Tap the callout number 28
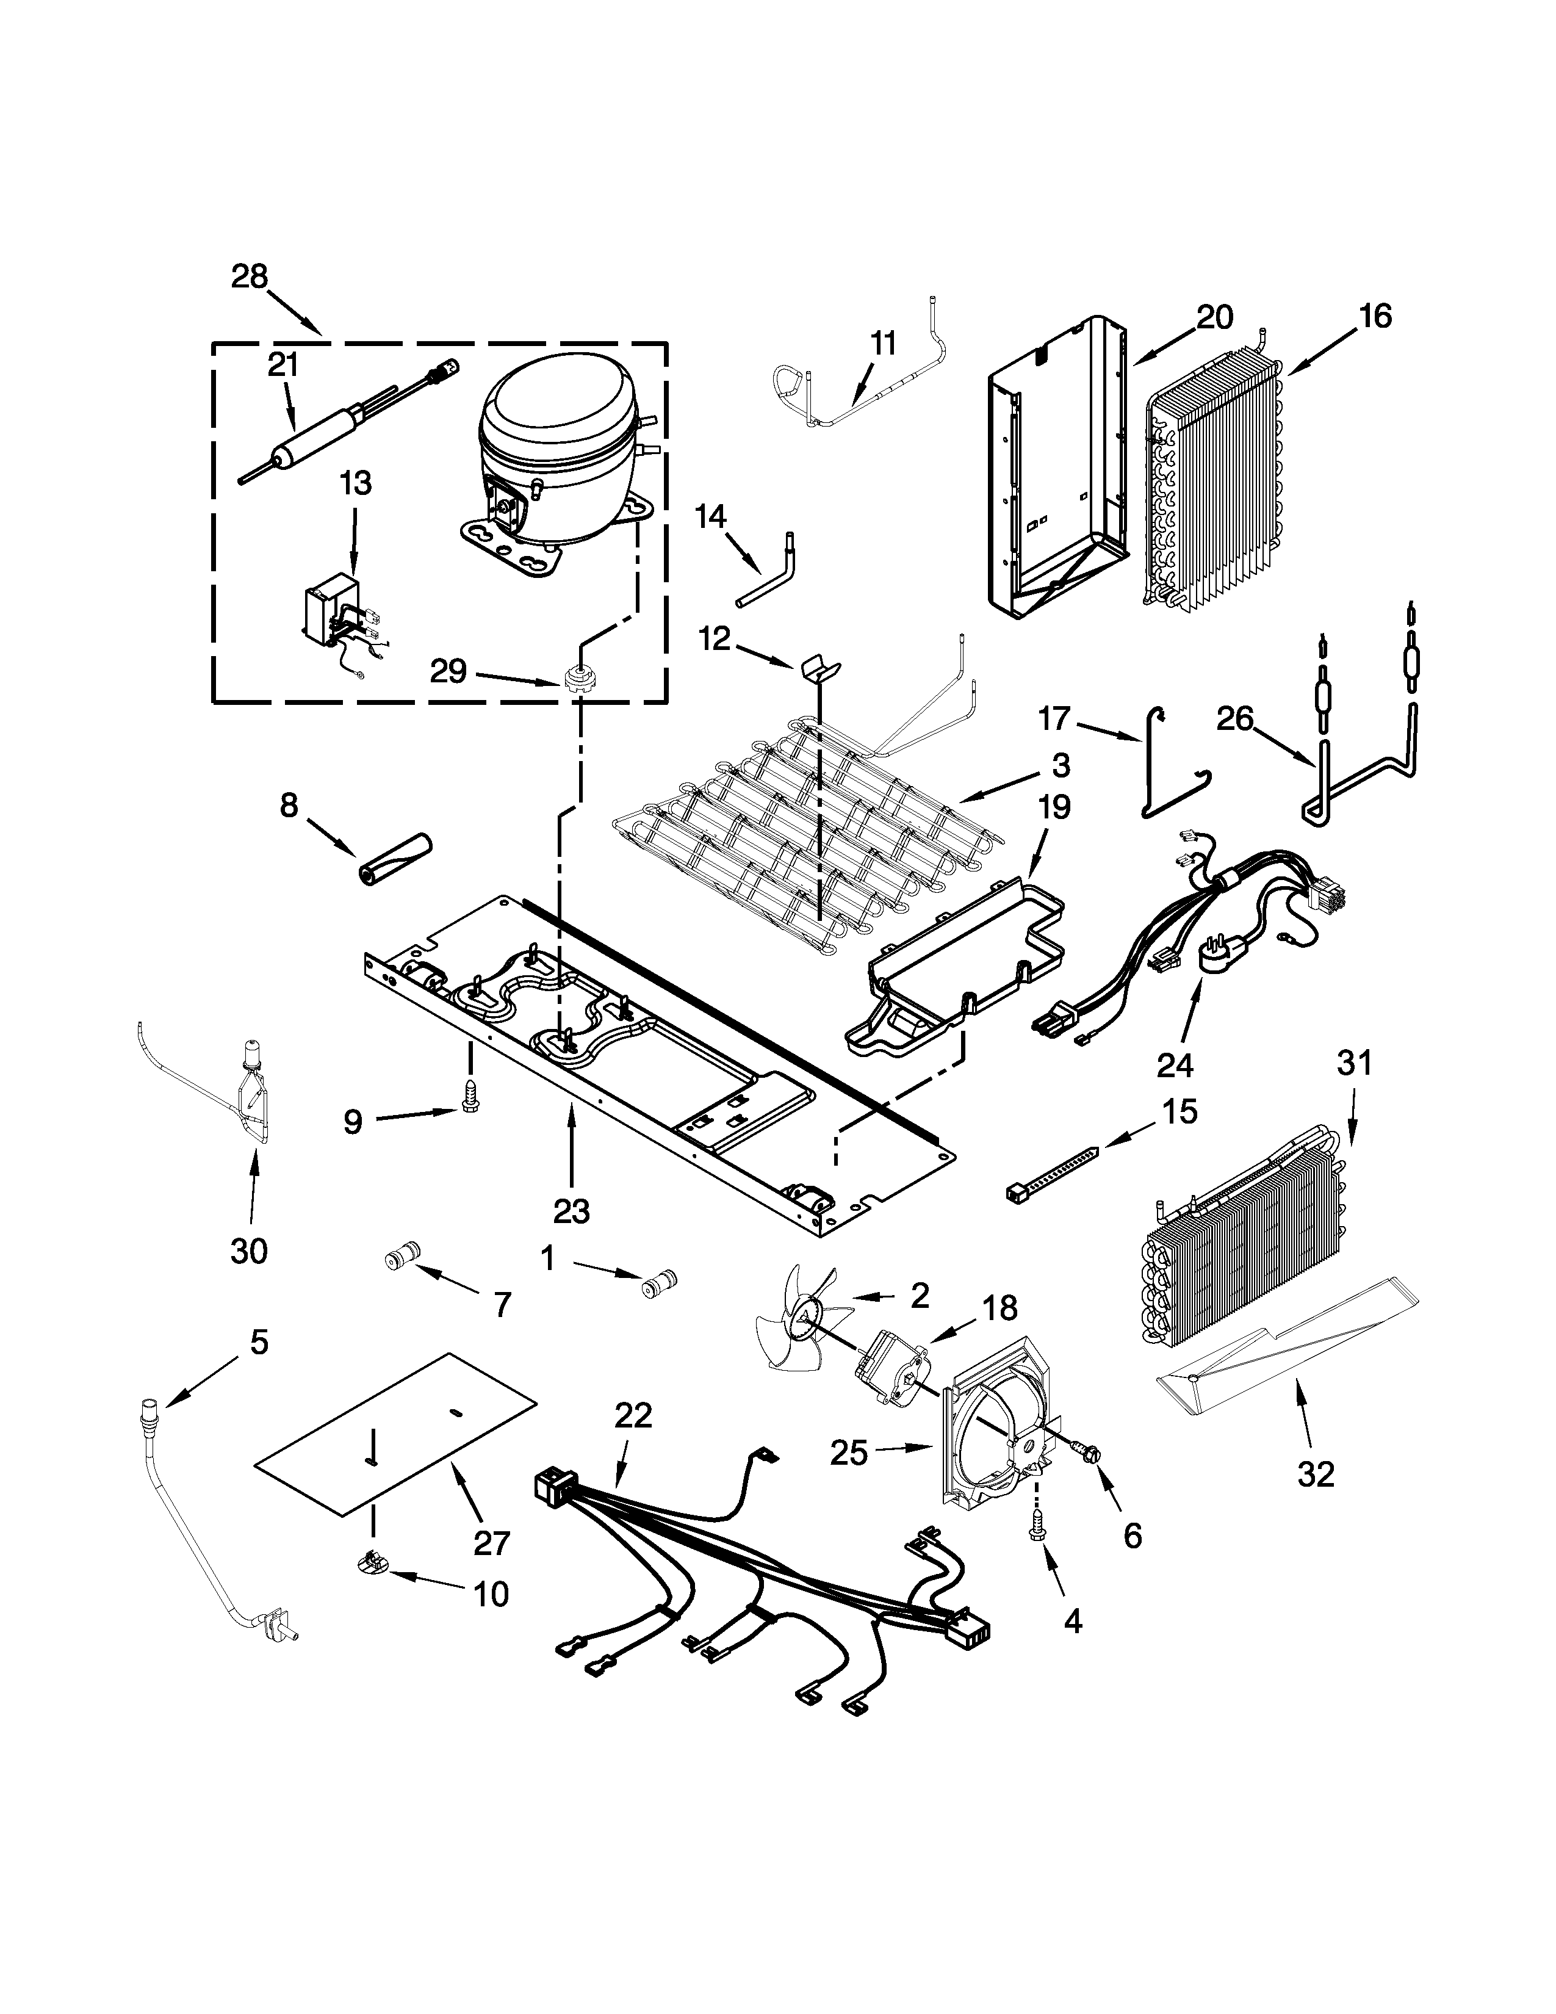[x=249, y=276]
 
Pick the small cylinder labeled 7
[x=402, y=1256]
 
